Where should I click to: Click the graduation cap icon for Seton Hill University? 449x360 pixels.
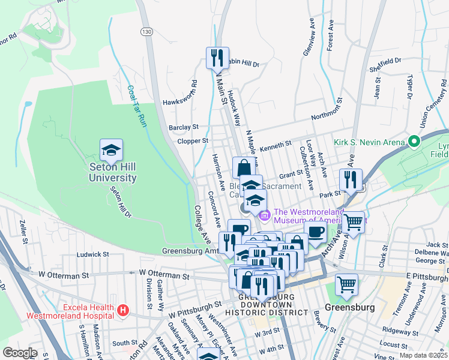click(111, 150)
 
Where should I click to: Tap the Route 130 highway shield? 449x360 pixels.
click(145, 31)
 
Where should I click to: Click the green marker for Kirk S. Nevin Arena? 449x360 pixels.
click(414, 142)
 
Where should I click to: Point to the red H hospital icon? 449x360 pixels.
click(123, 310)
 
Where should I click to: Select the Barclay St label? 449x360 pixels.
click(184, 127)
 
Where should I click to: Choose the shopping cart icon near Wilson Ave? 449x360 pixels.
click(354, 222)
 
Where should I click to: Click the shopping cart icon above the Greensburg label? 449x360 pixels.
click(346, 284)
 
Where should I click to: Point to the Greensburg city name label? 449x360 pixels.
click(349, 307)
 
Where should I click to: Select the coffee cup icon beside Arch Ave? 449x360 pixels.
click(315, 231)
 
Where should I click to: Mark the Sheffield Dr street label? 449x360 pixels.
click(385, 63)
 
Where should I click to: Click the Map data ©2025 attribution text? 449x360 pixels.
click(423, 355)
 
